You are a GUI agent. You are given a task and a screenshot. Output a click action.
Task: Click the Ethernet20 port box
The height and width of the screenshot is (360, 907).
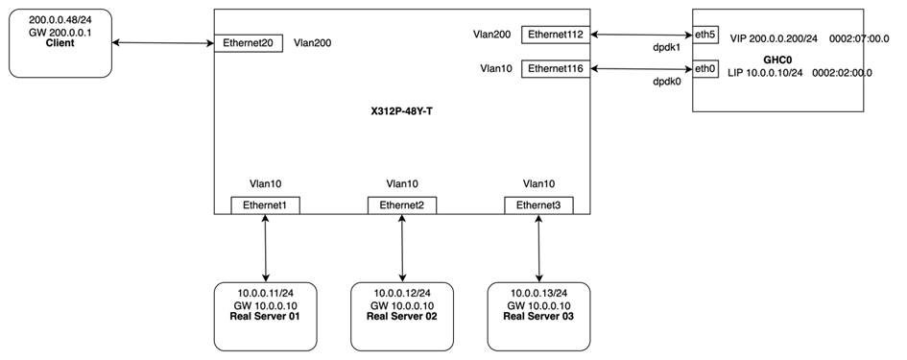[x=248, y=43]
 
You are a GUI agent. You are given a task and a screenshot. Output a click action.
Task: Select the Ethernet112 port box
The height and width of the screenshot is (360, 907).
[x=555, y=35]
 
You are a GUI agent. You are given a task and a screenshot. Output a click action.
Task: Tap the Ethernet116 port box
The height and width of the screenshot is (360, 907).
[x=555, y=68]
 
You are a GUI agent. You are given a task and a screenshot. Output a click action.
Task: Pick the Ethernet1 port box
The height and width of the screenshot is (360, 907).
[x=265, y=204]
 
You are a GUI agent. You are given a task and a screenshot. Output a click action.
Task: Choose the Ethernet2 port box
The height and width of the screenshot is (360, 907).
[x=402, y=204]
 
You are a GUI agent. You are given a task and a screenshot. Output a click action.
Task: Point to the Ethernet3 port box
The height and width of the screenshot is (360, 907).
[x=538, y=204]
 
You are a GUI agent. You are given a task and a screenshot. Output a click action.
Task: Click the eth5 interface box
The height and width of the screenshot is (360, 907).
[x=705, y=35]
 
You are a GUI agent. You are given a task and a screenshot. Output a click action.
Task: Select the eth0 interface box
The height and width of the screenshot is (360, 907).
[x=705, y=68]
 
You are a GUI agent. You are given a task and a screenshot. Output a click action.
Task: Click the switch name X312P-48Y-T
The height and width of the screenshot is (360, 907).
[x=401, y=111]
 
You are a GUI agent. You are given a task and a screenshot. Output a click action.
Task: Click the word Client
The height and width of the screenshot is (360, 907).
[x=60, y=43]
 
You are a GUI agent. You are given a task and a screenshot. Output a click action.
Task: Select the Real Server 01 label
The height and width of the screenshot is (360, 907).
[x=265, y=317]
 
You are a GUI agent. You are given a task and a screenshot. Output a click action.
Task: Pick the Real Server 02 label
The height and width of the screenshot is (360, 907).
[x=402, y=317]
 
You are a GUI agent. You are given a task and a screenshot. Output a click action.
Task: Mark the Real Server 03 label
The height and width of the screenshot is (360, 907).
[x=538, y=317]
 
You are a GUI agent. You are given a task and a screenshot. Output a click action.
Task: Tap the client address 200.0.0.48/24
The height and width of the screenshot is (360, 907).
[x=60, y=19]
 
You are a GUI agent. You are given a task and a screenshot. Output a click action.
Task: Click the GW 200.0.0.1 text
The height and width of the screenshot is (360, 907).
[x=60, y=32]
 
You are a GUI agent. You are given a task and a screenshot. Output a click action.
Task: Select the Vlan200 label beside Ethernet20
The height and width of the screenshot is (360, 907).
[x=313, y=43]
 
